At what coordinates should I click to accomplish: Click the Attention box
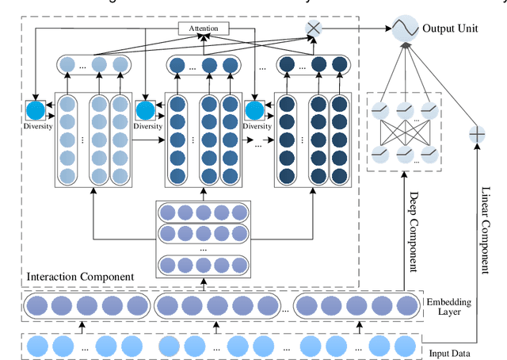click(x=204, y=29)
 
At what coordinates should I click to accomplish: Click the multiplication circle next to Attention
click(x=314, y=29)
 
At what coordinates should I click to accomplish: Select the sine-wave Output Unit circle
click(x=405, y=29)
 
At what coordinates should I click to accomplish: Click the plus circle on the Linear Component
click(x=478, y=134)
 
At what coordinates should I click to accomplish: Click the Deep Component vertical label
click(x=412, y=229)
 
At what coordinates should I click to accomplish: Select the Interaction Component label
click(x=79, y=276)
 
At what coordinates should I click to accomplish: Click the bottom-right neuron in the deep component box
click(x=429, y=153)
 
